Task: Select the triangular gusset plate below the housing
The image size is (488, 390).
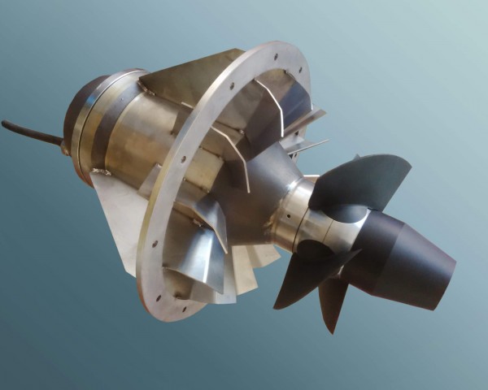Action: pos(114,215)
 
